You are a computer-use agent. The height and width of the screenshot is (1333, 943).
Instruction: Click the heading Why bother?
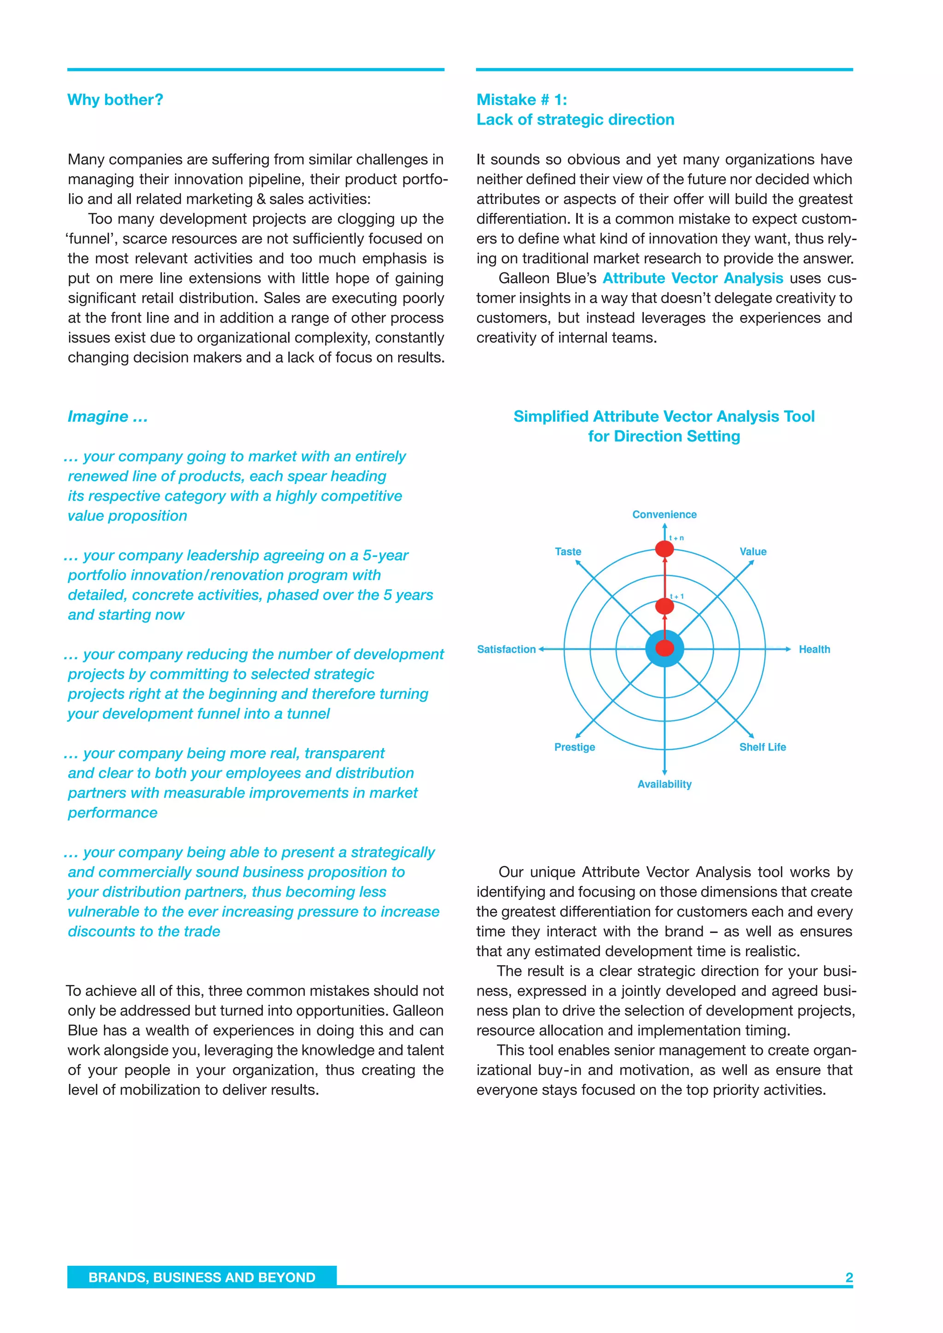pyautogui.click(x=115, y=100)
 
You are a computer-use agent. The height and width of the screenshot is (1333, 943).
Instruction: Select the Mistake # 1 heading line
pyautogui.click(x=521, y=100)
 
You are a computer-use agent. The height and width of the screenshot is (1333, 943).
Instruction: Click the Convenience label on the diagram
pyautogui.click(x=664, y=515)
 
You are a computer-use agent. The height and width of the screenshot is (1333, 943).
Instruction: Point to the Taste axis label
pyautogui.click(x=567, y=551)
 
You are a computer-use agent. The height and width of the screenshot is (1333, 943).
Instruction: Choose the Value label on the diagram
pyautogui.click(x=752, y=551)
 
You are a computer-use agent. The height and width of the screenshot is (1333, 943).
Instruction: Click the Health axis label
pyautogui.click(x=814, y=649)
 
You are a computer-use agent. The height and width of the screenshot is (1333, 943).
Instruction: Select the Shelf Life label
pyautogui.click(x=762, y=747)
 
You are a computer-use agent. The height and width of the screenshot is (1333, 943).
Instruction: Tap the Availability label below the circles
pyautogui.click(x=664, y=784)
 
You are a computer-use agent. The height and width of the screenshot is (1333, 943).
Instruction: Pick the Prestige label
pyautogui.click(x=574, y=747)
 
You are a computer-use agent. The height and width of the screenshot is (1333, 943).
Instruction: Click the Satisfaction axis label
pyautogui.click(x=506, y=649)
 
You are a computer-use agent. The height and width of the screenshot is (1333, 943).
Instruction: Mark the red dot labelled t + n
pyautogui.click(x=664, y=548)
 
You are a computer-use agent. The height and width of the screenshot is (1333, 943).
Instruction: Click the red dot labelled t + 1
pyautogui.click(x=664, y=606)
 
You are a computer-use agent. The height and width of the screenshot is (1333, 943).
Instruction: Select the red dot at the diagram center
pyautogui.click(x=664, y=649)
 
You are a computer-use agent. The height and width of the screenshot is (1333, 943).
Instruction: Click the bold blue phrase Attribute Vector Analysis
pyautogui.click(x=693, y=278)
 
